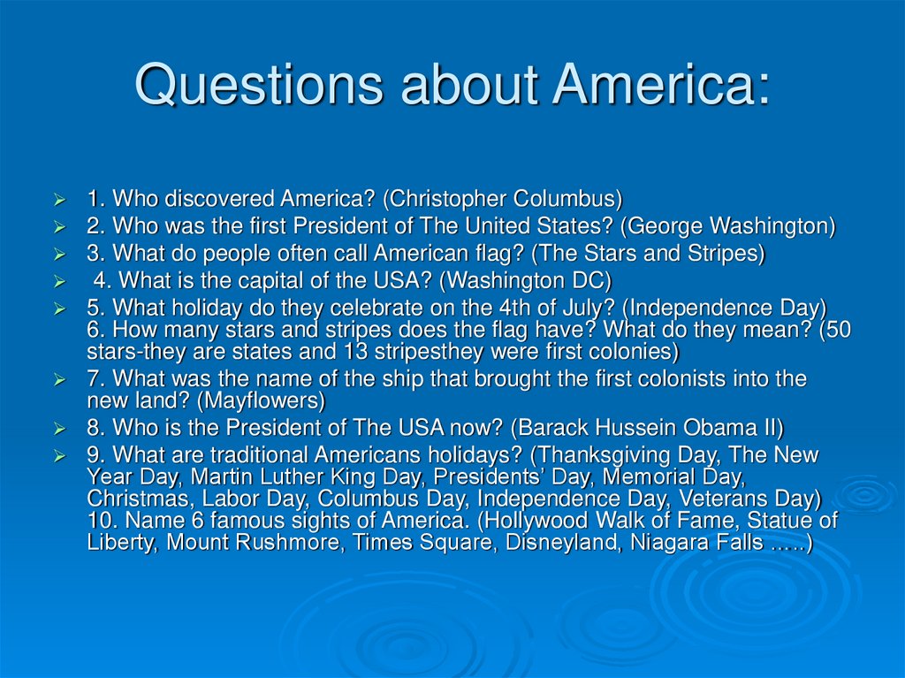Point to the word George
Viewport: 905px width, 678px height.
pyautogui.click(x=662, y=226)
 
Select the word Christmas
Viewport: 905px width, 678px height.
pyautogui.click(x=132, y=499)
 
